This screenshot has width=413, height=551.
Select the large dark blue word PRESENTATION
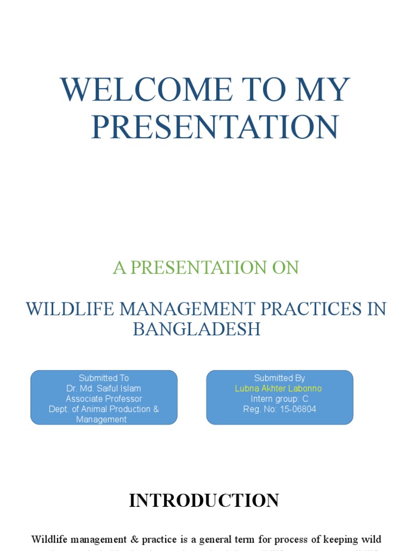click(x=215, y=127)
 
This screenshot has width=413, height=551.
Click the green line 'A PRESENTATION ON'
click(x=205, y=267)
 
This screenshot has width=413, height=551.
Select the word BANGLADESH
click(x=197, y=329)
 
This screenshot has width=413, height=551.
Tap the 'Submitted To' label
click(x=104, y=378)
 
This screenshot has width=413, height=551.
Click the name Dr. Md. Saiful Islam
click(x=104, y=388)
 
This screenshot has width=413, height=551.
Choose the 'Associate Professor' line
click(x=104, y=399)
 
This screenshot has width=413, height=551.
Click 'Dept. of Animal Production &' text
click(x=104, y=409)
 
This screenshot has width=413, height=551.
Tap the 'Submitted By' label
click(x=280, y=378)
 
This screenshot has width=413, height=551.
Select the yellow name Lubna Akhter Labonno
click(x=279, y=388)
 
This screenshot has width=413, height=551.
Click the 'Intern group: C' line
click(x=280, y=399)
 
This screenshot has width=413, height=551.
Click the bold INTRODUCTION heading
click(x=204, y=500)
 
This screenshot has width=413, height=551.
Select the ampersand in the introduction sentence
click(x=146, y=539)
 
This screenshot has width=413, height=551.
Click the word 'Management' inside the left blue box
click(x=102, y=420)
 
